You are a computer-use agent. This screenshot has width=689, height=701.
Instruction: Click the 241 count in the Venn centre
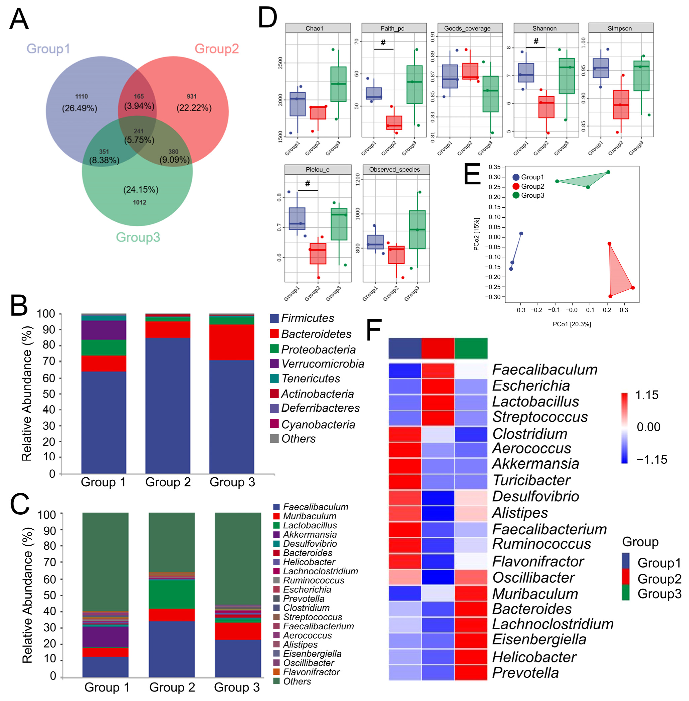[x=139, y=131]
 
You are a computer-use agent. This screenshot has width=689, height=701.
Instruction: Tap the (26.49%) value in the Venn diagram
[x=80, y=108]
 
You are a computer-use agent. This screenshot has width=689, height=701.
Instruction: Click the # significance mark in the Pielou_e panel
[x=308, y=184]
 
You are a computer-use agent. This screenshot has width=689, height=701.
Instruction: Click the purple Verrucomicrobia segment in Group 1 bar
[x=104, y=330]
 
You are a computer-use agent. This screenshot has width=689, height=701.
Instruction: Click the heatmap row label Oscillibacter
[x=533, y=578]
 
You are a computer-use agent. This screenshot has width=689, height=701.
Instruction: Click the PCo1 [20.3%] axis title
[x=572, y=324]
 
